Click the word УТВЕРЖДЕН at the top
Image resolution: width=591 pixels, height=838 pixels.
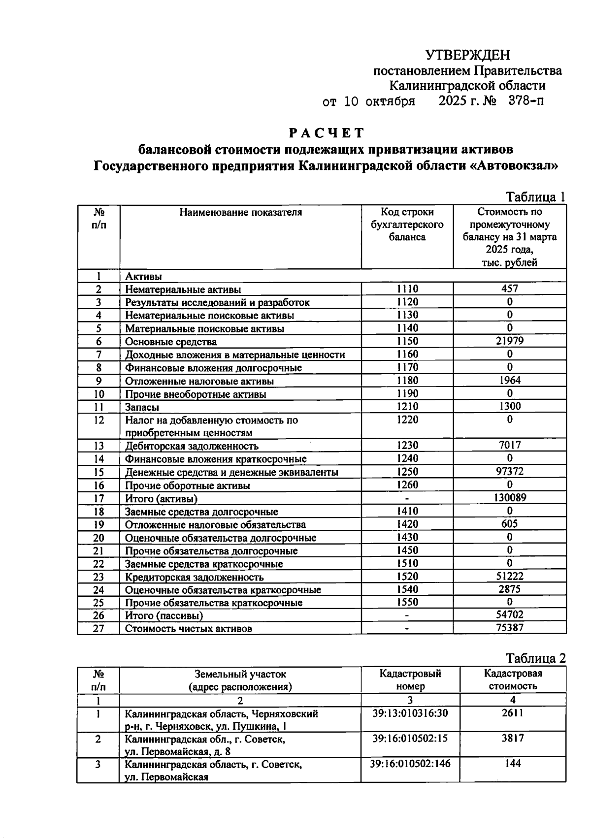coord(467,55)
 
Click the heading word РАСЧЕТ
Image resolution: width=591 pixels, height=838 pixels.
coord(326,133)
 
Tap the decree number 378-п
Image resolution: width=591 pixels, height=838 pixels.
coord(526,101)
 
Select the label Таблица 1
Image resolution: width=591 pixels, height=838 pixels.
coord(536,197)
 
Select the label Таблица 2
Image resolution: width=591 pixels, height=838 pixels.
coord(536,658)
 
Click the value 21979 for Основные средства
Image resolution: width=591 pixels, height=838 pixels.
coord(510,341)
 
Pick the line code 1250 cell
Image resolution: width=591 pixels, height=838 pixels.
coord(407,471)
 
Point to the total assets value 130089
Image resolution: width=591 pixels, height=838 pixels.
coord(510,497)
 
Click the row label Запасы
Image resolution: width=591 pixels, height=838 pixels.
coord(142,407)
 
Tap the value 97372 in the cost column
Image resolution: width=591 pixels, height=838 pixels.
coord(510,471)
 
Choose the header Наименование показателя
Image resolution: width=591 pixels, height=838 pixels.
coord(240,213)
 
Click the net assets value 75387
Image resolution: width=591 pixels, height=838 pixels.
coord(510,627)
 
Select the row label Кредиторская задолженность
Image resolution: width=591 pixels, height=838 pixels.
coord(194,577)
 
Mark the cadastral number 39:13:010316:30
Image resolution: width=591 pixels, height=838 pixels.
coord(410,713)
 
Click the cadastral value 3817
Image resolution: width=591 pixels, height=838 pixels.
coord(513,738)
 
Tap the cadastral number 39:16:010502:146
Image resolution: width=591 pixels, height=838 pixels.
coord(410,764)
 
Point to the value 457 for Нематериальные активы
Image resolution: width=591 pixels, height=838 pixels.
coord(510,289)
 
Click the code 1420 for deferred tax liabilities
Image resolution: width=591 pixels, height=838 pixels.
coord(407,524)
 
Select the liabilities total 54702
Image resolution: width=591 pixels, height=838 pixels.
coord(510,614)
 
